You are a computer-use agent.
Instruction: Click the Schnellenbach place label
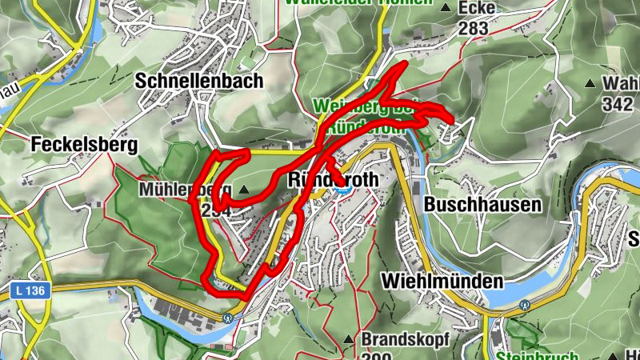tap(199, 81)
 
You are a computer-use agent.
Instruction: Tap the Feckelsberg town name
tap(84, 145)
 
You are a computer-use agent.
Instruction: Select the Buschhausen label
tap(482, 205)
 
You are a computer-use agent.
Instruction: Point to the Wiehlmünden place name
tap(442, 281)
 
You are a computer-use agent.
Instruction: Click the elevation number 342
tap(617, 104)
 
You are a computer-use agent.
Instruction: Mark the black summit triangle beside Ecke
tap(446, 8)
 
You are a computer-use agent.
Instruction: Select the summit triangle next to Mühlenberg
tap(244, 190)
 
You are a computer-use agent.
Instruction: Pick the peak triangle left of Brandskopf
tap(348, 339)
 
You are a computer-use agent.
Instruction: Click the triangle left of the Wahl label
tap(590, 82)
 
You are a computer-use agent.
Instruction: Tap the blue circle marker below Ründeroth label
tap(343, 189)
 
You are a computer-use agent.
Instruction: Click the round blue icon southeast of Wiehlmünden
tap(524, 305)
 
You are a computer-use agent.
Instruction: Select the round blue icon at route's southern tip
tap(228, 318)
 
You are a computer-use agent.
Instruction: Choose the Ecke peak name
tap(477, 8)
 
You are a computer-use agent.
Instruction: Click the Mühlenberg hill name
tap(185, 190)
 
